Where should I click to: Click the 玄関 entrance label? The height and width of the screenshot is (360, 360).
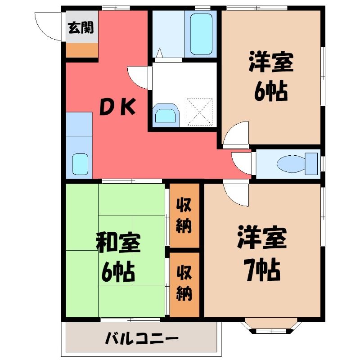pos(81,27)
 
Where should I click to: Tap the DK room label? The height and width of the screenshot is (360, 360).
pos(117,107)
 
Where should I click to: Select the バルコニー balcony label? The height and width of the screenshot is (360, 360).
pos(142,338)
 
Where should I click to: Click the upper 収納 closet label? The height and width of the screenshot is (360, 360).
pos(184,216)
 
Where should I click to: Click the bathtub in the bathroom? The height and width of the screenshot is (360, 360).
pos(201,34)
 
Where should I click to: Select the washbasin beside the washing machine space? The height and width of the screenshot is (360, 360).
pos(166,116)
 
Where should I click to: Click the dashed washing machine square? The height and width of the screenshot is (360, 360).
pos(199,112)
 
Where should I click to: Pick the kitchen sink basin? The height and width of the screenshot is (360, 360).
pos(81,164)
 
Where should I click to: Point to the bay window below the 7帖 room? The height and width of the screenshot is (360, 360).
pos(271,325)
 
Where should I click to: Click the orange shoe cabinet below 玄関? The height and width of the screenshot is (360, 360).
pos(82,50)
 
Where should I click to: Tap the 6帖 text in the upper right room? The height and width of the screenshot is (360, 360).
pos(271,91)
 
